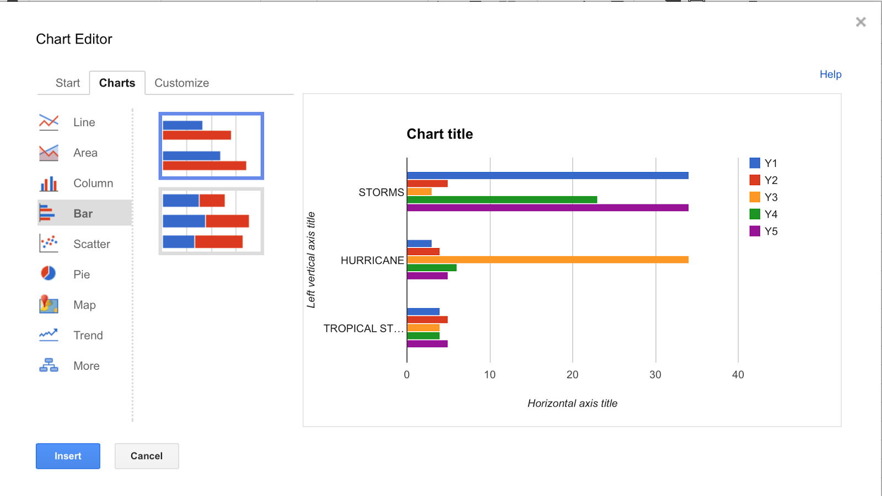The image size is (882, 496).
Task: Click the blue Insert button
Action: (x=68, y=456)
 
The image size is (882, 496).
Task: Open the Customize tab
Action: (x=181, y=83)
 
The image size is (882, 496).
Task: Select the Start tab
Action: (x=67, y=83)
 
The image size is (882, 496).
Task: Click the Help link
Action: (x=830, y=74)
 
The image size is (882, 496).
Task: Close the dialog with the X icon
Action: (x=861, y=22)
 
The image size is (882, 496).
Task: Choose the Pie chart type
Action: (x=81, y=274)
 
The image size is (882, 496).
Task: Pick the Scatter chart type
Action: (x=91, y=244)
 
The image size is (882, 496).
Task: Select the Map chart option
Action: (x=84, y=305)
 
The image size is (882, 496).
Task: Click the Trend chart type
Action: (x=88, y=335)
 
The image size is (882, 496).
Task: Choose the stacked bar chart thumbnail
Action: (x=211, y=221)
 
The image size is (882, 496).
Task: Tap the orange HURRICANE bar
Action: (x=547, y=260)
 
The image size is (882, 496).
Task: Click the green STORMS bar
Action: (x=502, y=200)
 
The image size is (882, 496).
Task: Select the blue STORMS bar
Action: (x=547, y=175)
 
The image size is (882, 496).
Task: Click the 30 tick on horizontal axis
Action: (x=655, y=375)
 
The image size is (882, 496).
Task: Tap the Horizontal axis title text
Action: (x=572, y=403)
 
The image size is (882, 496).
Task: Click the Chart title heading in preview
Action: (x=439, y=134)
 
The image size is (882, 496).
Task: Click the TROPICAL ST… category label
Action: (x=363, y=328)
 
